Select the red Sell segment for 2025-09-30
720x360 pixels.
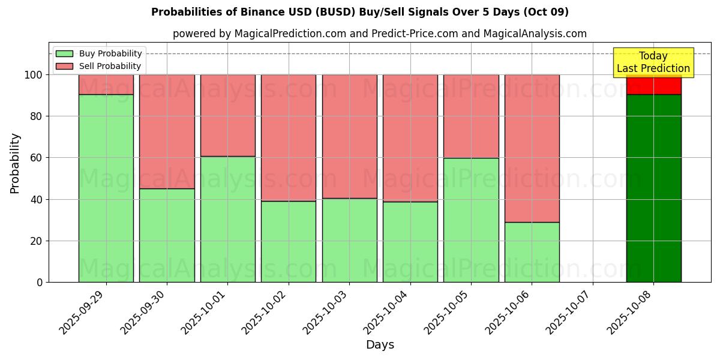[x=167, y=131]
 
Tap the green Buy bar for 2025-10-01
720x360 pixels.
[x=227, y=219]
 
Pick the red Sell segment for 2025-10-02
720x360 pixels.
[x=289, y=137]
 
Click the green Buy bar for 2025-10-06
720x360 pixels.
[x=532, y=252]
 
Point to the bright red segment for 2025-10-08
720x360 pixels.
[x=653, y=86]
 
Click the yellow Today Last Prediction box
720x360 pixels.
[x=653, y=62]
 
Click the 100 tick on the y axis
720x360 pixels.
[x=34, y=75]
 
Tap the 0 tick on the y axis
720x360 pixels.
[x=40, y=282]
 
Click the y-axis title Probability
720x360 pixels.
[x=16, y=163]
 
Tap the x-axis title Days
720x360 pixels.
[x=380, y=345]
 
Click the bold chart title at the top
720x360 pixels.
[x=360, y=12]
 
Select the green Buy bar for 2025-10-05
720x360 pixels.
[x=471, y=220]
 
